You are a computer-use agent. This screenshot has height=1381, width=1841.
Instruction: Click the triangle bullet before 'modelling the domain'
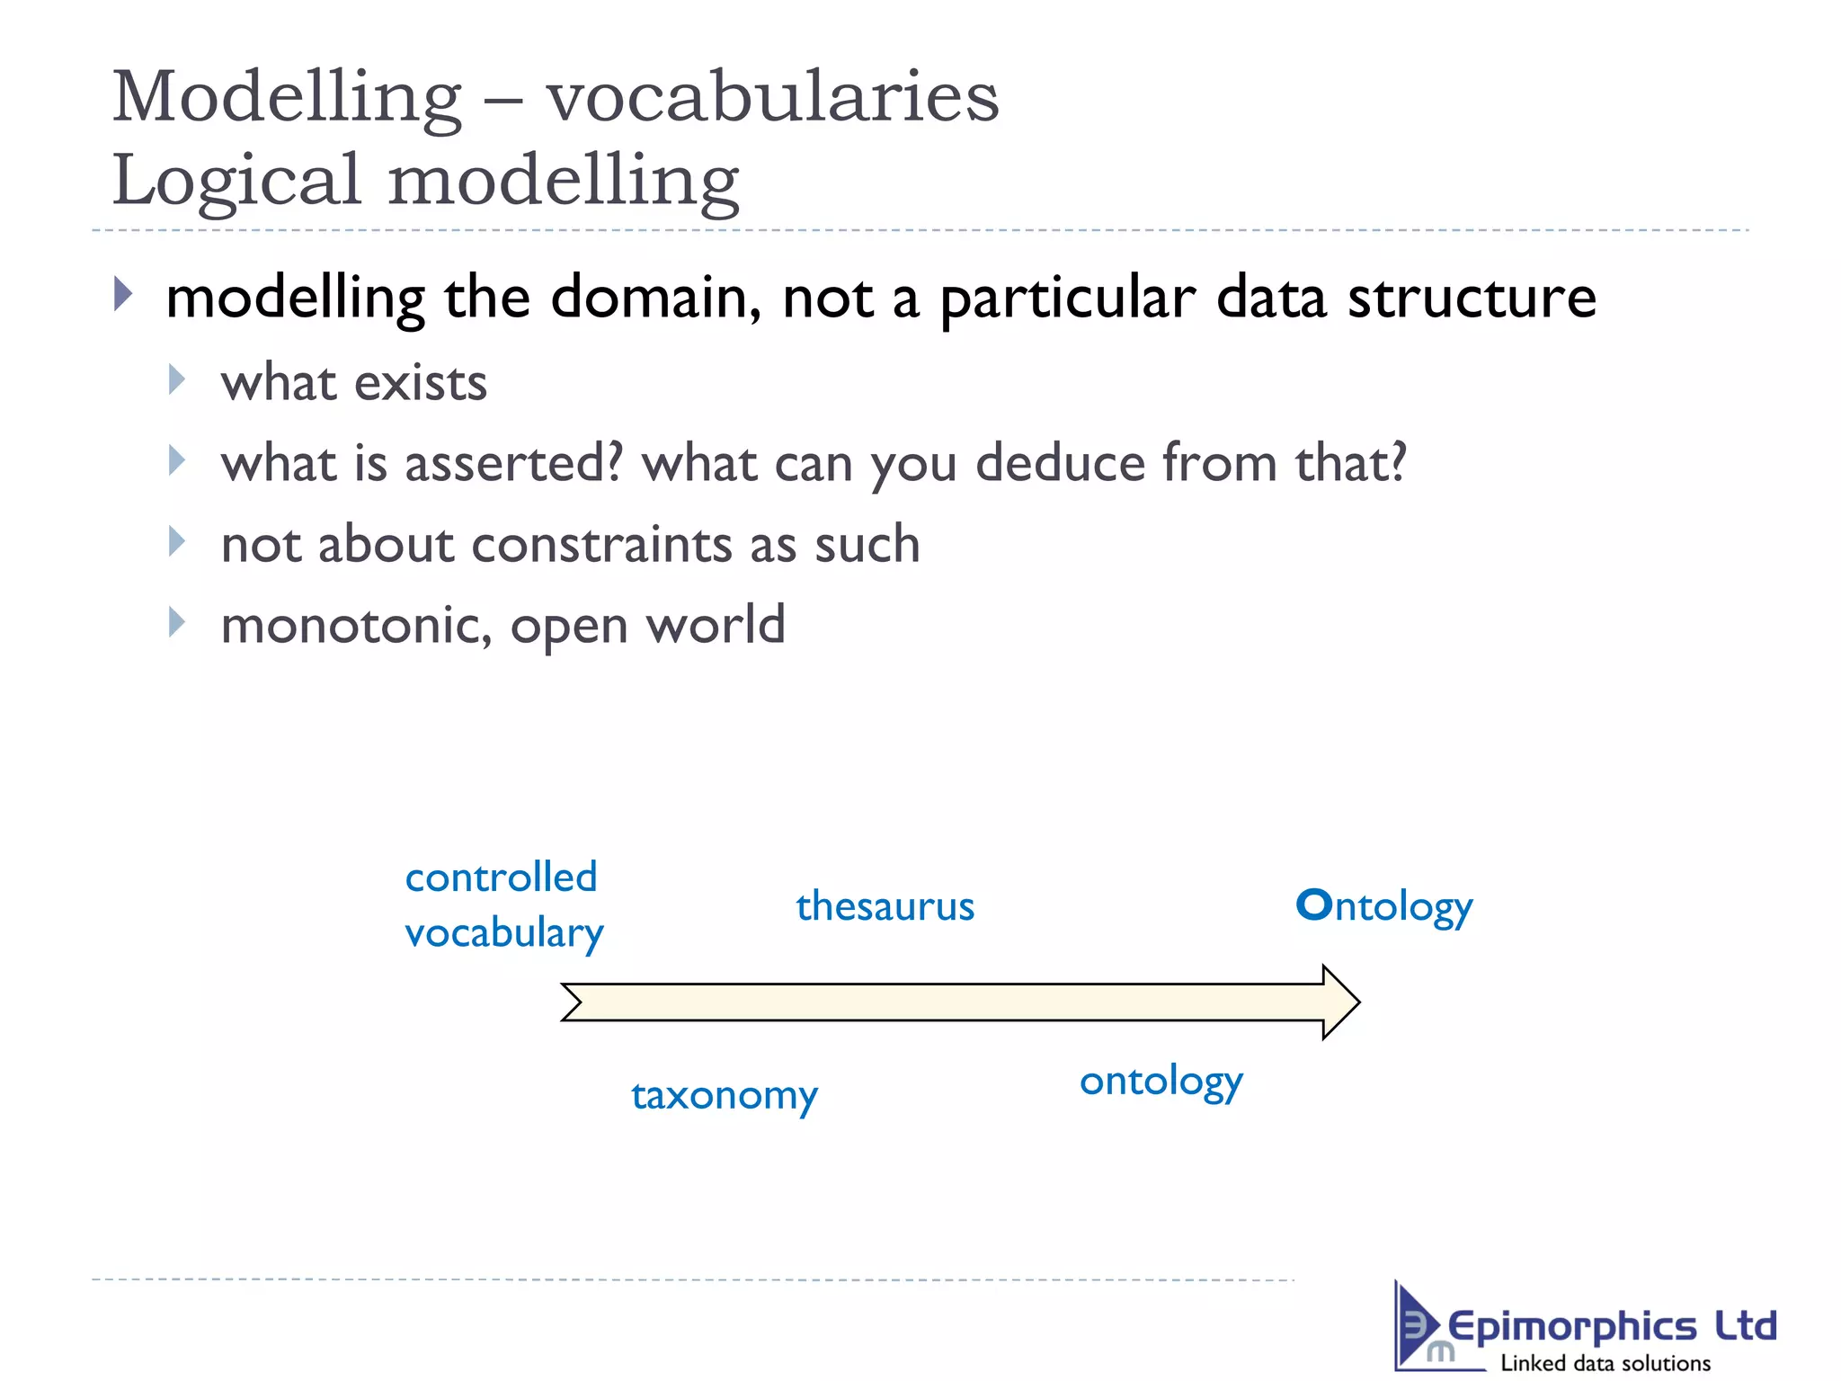coord(123,294)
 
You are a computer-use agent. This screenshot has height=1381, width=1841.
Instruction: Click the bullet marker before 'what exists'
coord(176,380)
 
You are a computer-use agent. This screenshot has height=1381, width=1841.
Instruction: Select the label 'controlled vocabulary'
coord(502,904)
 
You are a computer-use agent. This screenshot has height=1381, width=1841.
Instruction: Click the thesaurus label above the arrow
coord(885,906)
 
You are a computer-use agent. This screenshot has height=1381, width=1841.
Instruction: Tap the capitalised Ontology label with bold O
coord(1383,906)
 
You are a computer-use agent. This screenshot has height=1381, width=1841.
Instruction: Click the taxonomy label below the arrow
coord(724,1095)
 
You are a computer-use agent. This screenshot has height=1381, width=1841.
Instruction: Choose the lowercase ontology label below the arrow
coord(1161,1082)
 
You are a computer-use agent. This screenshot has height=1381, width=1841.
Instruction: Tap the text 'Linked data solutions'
coord(1605,1363)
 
